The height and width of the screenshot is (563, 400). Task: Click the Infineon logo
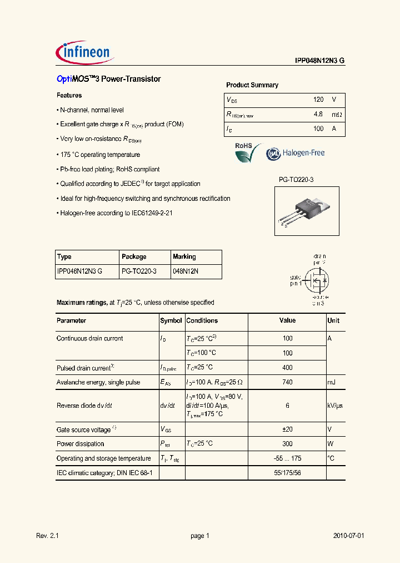pyautogui.click(x=85, y=52)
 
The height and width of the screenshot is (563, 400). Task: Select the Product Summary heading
pyautogui.click(x=252, y=85)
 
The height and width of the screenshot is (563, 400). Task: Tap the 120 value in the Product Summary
pyautogui.click(x=318, y=100)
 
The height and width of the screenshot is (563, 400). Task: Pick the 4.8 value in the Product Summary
pyautogui.click(x=318, y=115)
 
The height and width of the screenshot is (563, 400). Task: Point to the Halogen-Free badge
pyautogui.click(x=295, y=154)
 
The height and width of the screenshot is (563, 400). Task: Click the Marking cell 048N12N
pyautogui.click(x=186, y=271)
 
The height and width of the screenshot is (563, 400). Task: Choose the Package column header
pyautogui.click(x=134, y=257)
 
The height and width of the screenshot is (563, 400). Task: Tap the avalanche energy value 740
pyautogui.click(x=287, y=382)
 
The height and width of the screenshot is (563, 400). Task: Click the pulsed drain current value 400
pyautogui.click(x=287, y=368)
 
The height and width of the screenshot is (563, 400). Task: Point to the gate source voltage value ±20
pyautogui.click(x=287, y=429)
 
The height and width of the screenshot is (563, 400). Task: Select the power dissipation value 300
pyautogui.click(x=287, y=444)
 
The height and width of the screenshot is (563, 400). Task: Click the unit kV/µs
pyautogui.click(x=335, y=406)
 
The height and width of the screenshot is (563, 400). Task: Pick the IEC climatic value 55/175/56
pyautogui.click(x=287, y=473)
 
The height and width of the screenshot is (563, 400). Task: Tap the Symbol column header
pyautogui.click(x=171, y=321)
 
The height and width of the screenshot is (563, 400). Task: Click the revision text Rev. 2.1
pyautogui.click(x=47, y=536)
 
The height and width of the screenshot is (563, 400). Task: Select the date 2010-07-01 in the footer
pyautogui.click(x=348, y=536)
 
